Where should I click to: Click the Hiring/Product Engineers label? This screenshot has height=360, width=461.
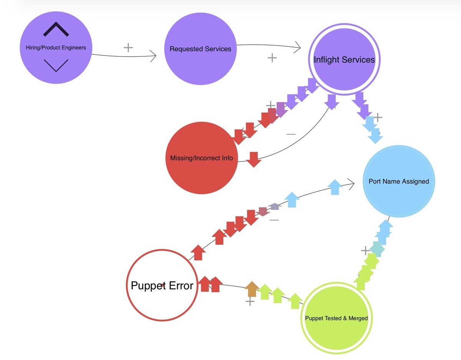click(x=56, y=48)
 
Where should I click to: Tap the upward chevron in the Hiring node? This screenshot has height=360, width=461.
click(x=56, y=29)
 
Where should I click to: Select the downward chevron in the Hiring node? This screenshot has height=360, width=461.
click(x=56, y=66)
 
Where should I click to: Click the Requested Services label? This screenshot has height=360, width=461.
click(x=200, y=49)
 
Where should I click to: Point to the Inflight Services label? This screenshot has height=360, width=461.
click(x=344, y=60)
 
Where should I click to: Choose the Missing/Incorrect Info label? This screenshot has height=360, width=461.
click(x=202, y=158)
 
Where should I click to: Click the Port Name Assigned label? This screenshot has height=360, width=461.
click(x=399, y=182)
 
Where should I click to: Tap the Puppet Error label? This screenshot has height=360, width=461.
click(x=162, y=286)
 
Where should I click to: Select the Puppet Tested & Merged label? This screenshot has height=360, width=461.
click(x=337, y=318)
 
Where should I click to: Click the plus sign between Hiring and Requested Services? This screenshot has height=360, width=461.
click(x=128, y=48)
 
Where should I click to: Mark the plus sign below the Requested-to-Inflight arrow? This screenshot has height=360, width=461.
click(x=272, y=58)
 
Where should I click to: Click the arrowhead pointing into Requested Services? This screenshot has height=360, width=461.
click(x=153, y=56)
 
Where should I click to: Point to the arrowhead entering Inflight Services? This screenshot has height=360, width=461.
click(x=297, y=47)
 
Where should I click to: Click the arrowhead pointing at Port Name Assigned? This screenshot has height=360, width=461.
click(x=351, y=184)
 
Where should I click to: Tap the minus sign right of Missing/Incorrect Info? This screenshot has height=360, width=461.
click(x=291, y=134)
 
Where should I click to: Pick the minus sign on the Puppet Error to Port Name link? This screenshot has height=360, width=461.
click(x=274, y=220)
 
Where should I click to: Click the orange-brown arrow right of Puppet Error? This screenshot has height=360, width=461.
click(x=252, y=289)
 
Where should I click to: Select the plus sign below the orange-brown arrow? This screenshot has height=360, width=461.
click(x=250, y=301)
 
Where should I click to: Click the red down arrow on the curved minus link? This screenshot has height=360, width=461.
click(x=254, y=160)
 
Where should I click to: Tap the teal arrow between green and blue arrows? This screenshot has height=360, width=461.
click(x=377, y=249)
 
